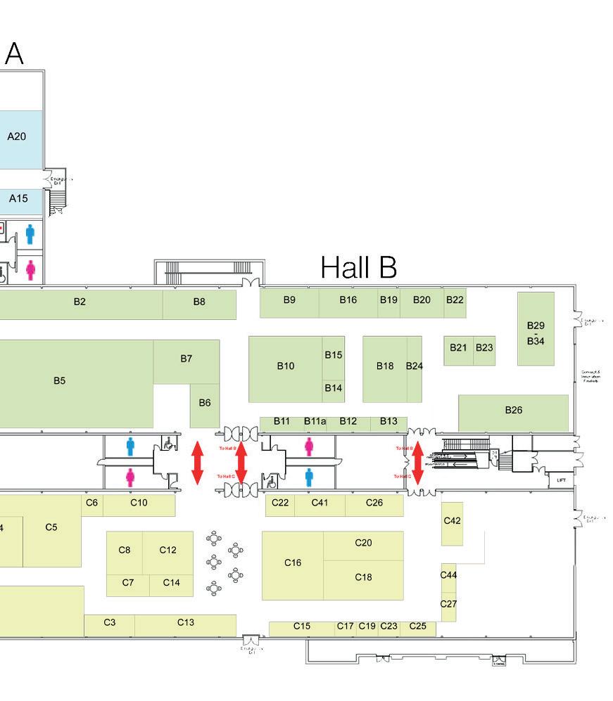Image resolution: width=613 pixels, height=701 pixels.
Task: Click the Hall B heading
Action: click(x=358, y=268)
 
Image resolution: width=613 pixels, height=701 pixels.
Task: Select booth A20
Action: click(x=17, y=137)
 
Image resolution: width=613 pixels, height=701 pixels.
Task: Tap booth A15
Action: click(x=18, y=199)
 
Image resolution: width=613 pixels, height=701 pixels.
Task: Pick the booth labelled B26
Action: click(x=513, y=411)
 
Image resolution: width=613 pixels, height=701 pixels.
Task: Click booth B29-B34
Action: click(x=536, y=333)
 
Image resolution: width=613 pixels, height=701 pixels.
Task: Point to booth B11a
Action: click(x=315, y=422)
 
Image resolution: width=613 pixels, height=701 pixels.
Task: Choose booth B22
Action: click(x=455, y=300)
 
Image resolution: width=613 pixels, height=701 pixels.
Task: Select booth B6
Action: click(x=205, y=403)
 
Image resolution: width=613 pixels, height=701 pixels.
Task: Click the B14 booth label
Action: click(x=334, y=388)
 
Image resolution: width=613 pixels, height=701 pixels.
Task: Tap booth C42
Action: click(x=452, y=521)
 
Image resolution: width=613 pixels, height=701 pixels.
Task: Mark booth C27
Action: click(x=448, y=605)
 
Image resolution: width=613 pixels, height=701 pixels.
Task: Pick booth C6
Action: click(x=91, y=503)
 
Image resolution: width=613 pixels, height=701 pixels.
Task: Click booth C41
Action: click(x=320, y=503)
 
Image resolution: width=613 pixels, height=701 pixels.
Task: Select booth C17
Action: click(x=345, y=626)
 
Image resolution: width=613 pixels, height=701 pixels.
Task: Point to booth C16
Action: click(x=293, y=563)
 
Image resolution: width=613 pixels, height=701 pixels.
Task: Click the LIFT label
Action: click(x=561, y=481)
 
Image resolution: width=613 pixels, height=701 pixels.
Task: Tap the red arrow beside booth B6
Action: click(x=198, y=462)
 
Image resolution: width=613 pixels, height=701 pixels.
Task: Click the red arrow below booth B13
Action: click(x=417, y=462)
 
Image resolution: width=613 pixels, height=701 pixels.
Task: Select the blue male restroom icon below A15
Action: click(x=30, y=234)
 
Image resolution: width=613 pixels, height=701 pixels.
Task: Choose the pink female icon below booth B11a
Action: click(x=309, y=446)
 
